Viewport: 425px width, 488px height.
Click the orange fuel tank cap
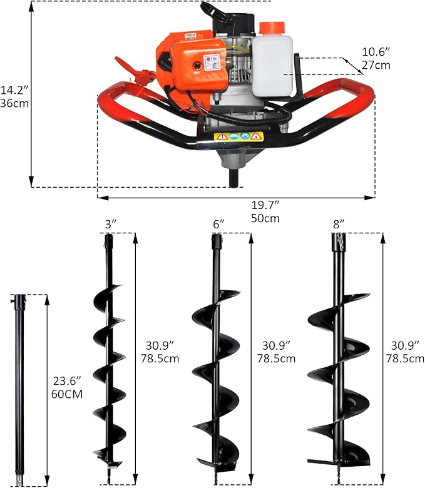tap(271, 28)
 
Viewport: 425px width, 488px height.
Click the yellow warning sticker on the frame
tap(239, 136)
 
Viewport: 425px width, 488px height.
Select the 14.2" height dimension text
tap(14, 89)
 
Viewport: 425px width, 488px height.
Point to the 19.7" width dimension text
tap(266, 205)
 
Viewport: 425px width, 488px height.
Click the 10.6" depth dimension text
tap(375, 52)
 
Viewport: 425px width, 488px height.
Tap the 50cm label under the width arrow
tap(266, 218)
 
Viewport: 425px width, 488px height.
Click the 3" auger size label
tap(110, 223)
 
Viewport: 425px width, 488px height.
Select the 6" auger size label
tap(218, 223)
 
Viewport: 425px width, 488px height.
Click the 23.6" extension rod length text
tap(64, 381)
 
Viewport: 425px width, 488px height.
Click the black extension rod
tap(20, 388)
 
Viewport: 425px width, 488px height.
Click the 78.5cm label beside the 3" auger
tap(160, 358)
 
